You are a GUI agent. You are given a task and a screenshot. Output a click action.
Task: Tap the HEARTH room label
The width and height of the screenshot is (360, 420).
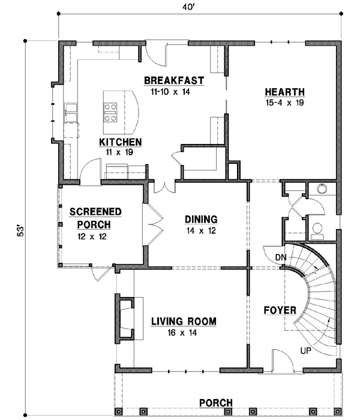(284, 92)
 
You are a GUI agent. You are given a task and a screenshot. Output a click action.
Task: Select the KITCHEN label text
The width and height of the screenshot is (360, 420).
(120, 142)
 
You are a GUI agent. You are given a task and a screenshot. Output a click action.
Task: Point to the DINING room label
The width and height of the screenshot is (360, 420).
(200, 220)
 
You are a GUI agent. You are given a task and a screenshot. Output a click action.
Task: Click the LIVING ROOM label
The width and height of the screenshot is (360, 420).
(183, 322)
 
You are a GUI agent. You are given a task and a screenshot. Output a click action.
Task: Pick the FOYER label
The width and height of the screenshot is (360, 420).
(280, 310)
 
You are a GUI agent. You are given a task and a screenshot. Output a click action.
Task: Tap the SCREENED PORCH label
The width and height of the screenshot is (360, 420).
(95, 218)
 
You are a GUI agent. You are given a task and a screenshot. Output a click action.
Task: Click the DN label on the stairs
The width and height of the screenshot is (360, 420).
(281, 257)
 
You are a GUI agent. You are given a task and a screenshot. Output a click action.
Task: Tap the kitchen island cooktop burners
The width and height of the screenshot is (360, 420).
(111, 112)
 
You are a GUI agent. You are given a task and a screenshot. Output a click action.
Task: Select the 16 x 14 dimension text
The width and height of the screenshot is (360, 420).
(183, 334)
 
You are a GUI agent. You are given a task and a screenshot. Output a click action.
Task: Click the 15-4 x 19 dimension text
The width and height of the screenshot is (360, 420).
(284, 103)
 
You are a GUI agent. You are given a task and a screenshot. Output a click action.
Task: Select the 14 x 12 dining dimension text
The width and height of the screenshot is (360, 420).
(200, 230)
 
